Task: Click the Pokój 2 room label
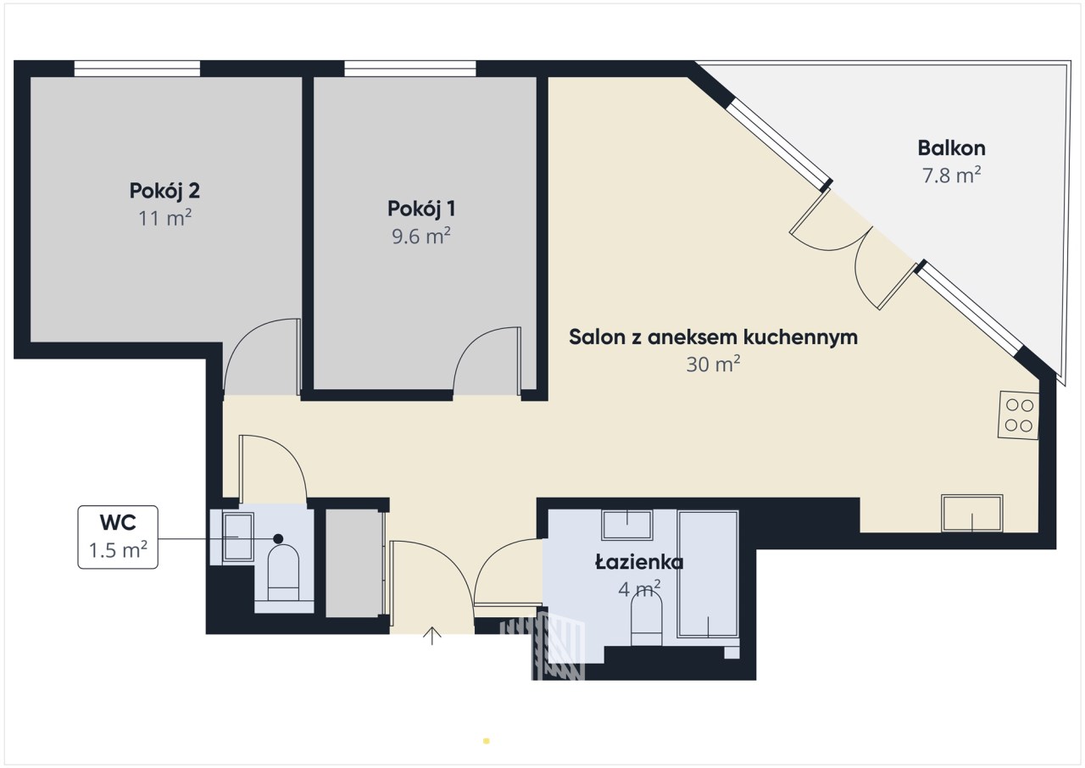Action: click(164, 192)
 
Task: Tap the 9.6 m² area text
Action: click(421, 237)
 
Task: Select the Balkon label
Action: click(951, 148)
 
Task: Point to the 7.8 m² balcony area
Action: click(951, 175)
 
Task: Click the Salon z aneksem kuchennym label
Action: click(713, 337)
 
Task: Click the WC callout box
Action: click(118, 537)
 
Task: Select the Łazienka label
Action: click(639, 563)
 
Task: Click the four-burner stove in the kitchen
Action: click(1018, 415)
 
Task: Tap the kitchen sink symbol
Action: click(971, 514)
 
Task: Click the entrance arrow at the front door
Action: click(431, 637)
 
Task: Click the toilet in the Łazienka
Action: click(647, 619)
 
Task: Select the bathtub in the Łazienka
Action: click(708, 574)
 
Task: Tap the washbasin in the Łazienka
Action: click(626, 525)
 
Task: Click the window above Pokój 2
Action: click(137, 69)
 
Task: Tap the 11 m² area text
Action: click(164, 218)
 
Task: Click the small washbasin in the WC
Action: click(238, 537)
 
